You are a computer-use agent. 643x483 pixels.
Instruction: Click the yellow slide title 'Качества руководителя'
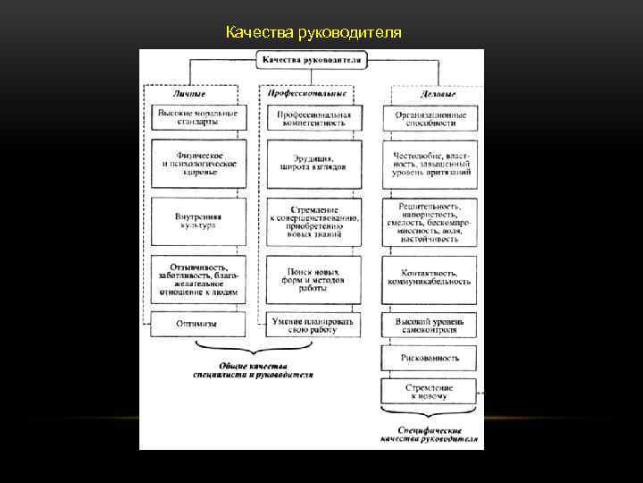tap(313, 33)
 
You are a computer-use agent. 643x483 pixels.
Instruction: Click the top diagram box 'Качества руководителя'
tap(312, 60)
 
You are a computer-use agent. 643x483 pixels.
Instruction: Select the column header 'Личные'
tap(188, 93)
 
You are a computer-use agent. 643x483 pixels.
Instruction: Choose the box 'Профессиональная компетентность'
tap(312, 119)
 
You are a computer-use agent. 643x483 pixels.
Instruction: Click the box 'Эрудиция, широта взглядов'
tap(312, 164)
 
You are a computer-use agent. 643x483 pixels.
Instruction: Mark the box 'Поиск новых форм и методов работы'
tap(312, 277)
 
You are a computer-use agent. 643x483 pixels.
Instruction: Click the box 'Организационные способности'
tap(430, 119)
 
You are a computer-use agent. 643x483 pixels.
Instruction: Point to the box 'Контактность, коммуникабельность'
tap(430, 277)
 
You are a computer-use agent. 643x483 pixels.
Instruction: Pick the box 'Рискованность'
tap(430, 357)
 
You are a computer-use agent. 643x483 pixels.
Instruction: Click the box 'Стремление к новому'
tap(430, 391)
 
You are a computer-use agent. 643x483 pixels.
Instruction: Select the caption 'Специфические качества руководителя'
tap(429, 434)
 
